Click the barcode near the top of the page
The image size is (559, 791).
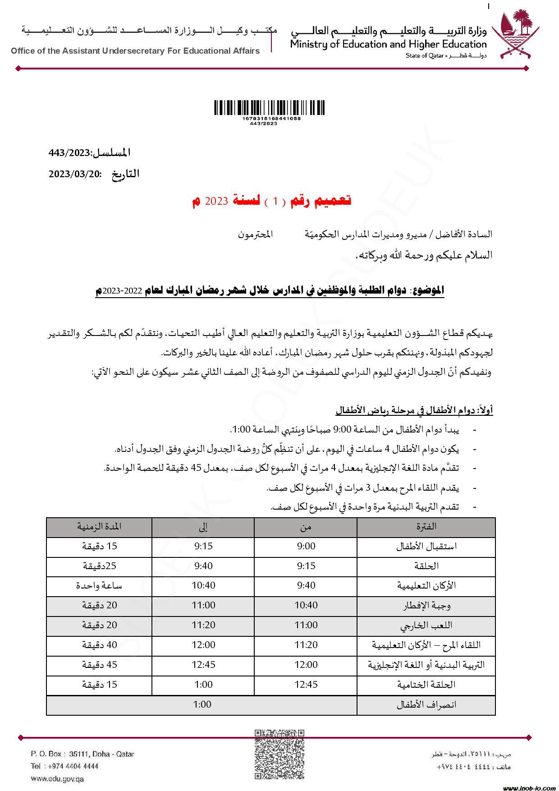point(269,108)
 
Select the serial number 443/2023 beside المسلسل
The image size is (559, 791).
point(70,153)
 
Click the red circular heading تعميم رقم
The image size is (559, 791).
point(272,201)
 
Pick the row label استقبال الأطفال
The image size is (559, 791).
point(426,547)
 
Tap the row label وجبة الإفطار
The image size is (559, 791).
point(426,606)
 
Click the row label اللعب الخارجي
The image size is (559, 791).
point(426,625)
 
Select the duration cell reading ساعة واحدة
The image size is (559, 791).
point(99,586)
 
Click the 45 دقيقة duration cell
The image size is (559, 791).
point(99,665)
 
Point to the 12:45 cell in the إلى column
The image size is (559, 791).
point(203,665)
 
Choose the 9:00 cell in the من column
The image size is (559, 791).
point(306,547)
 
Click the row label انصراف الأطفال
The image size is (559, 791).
point(426,705)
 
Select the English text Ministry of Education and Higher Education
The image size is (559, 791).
point(388,44)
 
